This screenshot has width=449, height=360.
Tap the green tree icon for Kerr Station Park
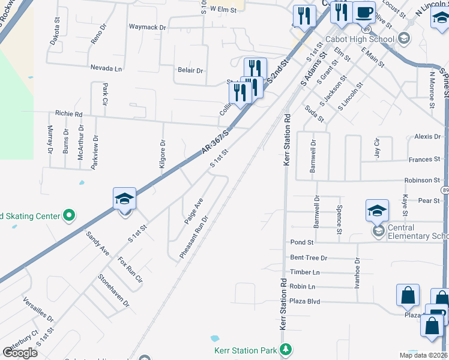click(287, 349)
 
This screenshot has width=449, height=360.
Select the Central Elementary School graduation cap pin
click(377, 211)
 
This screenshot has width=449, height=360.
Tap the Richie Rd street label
click(68, 113)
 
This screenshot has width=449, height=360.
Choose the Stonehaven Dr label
click(113, 290)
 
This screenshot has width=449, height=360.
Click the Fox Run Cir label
click(130, 270)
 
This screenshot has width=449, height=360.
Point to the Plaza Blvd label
click(305, 301)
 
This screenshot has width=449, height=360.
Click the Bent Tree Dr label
click(309, 257)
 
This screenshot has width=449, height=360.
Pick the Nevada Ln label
click(106, 68)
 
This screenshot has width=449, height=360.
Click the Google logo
click(20, 352)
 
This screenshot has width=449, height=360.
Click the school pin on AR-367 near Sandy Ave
click(125, 199)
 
